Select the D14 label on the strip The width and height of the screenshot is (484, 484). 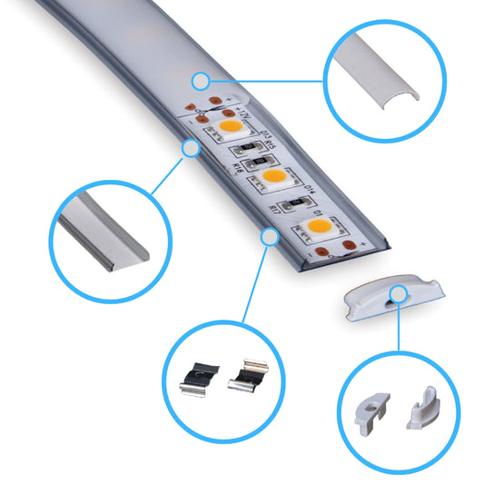[308, 190]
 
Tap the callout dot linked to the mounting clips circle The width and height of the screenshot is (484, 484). [269, 236]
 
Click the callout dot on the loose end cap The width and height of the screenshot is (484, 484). [397, 291]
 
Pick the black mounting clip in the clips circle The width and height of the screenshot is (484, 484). [199, 374]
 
